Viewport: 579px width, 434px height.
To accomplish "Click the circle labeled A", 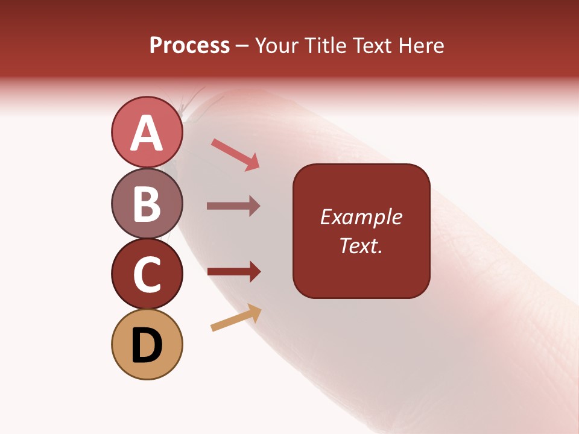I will pos(147,133).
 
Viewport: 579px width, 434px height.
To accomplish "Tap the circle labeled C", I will pos(147,274).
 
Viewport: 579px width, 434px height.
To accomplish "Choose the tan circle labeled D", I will pos(147,344).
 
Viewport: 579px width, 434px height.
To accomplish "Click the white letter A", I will pos(147,133).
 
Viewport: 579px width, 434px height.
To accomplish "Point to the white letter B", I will pos(147,204).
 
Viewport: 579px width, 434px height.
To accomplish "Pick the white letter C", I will pos(147,274).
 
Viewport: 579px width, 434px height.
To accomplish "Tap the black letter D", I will pos(147,345).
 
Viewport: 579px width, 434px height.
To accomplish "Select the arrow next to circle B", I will pos(233,206).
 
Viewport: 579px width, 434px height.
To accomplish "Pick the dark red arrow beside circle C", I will pos(233,271).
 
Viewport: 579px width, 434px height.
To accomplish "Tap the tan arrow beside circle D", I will pos(236,318).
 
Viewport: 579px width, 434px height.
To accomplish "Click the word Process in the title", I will pos(189,46).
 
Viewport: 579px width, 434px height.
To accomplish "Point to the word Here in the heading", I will pos(422,46).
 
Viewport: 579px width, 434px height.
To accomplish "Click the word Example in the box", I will pos(361,218).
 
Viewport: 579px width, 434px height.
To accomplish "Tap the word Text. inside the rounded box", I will pos(361,245).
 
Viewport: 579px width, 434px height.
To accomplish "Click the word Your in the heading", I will pos(277,46).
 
